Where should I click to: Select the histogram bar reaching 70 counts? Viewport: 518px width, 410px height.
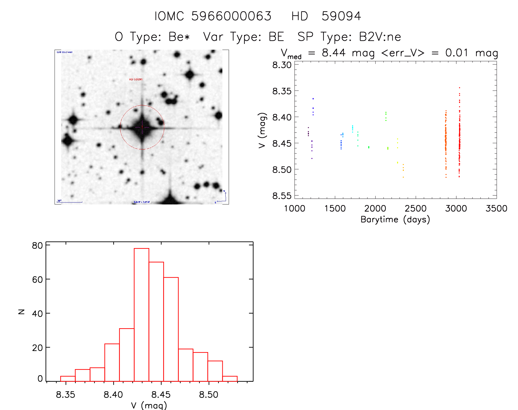pos(156,321)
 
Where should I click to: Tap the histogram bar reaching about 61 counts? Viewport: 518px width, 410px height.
pos(171,329)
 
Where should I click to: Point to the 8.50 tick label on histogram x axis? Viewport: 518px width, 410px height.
pos(209,395)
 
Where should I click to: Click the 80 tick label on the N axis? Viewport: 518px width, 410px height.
pos(37,246)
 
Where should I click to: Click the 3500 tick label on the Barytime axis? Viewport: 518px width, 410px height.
pos(496,209)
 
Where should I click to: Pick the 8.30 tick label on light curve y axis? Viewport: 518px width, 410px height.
pos(282,65)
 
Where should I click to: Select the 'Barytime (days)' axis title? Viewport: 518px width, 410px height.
pos(395,220)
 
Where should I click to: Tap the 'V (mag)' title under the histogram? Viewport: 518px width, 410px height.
pos(149,405)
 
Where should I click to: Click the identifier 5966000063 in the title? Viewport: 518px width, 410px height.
pos(231,16)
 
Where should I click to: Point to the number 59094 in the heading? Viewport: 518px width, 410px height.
pos(341,16)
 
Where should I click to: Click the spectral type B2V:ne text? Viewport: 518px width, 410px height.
pos(380,37)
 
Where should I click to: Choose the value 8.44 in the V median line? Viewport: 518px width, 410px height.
pos(333,53)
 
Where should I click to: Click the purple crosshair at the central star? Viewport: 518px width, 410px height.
pos(142,127)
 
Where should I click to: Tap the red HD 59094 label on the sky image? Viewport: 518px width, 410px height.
pos(135,80)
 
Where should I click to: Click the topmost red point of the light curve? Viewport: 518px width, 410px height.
pos(459,88)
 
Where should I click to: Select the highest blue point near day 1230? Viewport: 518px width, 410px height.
pos(313,99)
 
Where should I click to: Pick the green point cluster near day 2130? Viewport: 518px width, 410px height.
pos(386,116)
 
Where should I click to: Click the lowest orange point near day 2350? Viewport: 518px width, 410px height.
pos(403,177)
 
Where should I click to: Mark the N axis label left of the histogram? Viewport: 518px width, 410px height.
pos(21,311)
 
